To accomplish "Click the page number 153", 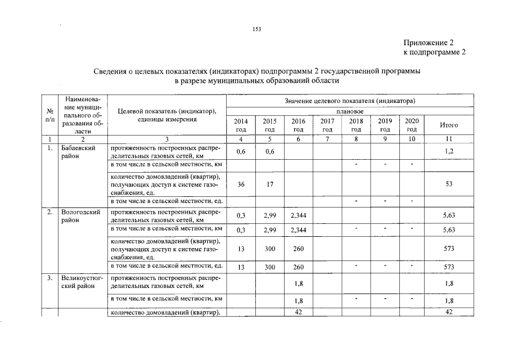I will click(x=258, y=29).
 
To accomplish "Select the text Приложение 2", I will click(x=428, y=43).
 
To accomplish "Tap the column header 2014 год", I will click(x=241, y=125).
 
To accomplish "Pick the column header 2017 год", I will click(x=327, y=125).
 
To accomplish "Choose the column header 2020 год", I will click(x=412, y=125).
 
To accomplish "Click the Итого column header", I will click(x=449, y=125).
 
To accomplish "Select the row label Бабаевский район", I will click(x=78, y=152).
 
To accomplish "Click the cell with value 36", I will click(x=241, y=184).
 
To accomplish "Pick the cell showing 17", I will click(x=269, y=184).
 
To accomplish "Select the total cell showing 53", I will click(x=449, y=184).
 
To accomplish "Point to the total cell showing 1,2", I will click(x=449, y=152).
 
